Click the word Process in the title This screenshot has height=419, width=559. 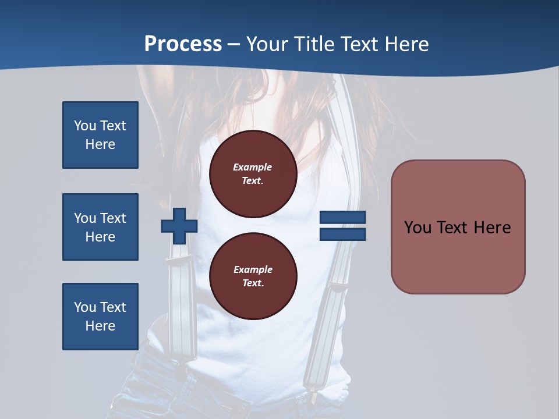183,44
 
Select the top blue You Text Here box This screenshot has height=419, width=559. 100,135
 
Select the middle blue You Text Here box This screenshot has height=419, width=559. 100,227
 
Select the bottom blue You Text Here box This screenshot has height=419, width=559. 100,317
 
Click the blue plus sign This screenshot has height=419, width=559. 179,226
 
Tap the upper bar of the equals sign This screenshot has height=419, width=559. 342,218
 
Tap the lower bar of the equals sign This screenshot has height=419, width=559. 342,235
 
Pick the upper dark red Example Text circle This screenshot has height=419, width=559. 253,174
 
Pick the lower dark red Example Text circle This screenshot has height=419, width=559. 253,276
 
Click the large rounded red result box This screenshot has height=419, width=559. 458,227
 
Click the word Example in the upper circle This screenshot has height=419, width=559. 253,167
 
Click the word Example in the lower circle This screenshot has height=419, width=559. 253,269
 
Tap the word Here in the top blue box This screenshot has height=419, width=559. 100,144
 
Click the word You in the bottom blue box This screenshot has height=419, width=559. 85,307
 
